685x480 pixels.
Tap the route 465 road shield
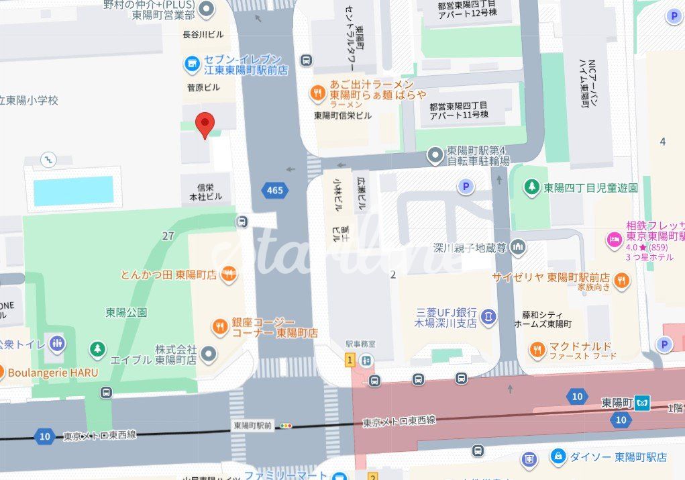point(274,191)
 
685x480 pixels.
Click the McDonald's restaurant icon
point(537,349)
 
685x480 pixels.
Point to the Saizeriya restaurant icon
point(622,281)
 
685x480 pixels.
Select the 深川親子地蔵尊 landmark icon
point(517,247)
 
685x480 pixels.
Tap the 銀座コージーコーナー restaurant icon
point(219,327)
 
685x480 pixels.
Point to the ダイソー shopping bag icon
point(557,457)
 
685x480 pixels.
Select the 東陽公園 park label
point(126,312)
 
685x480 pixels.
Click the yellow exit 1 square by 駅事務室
point(349,361)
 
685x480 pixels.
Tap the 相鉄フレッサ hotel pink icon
point(614,238)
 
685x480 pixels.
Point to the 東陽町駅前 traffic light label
point(253,425)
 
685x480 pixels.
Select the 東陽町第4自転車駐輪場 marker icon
point(436,156)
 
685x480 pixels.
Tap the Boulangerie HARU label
point(54,372)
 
